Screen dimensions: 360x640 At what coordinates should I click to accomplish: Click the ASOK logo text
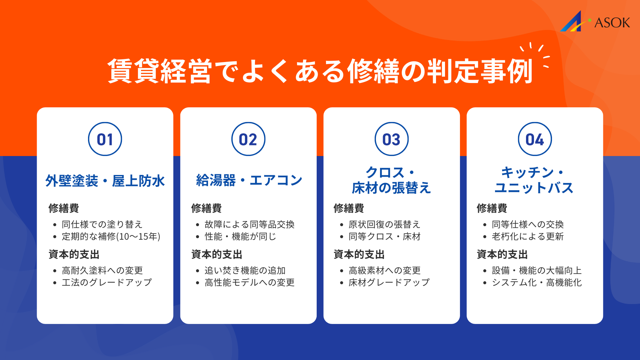pyautogui.click(x=612, y=23)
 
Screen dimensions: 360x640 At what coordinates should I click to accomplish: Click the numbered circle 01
pyautogui.click(x=105, y=139)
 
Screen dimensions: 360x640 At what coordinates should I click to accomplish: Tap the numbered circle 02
pyautogui.click(x=248, y=139)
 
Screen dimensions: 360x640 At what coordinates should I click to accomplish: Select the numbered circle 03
pyautogui.click(x=392, y=139)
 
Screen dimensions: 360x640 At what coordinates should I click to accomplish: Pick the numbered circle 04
pyautogui.click(x=535, y=139)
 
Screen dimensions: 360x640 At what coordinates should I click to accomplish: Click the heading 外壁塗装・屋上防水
pyautogui.click(x=105, y=181)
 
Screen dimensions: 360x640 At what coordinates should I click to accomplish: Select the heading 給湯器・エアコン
pyautogui.click(x=249, y=180)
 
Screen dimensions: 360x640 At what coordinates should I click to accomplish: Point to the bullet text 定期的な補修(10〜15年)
pyautogui.click(x=111, y=236)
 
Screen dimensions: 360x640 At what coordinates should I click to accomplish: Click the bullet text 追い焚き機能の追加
pyautogui.click(x=245, y=270)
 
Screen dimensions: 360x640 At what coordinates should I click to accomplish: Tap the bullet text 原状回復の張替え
pyautogui.click(x=384, y=224)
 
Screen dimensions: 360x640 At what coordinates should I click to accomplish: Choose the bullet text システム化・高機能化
pyautogui.click(x=537, y=282)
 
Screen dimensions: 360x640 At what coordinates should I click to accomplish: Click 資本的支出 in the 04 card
pyautogui.click(x=502, y=254)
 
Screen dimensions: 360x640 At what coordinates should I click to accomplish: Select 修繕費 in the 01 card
pyautogui.click(x=64, y=208)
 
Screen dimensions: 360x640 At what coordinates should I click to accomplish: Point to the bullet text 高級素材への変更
pyautogui.click(x=384, y=270)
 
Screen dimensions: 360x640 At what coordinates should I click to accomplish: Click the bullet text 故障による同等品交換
pyautogui.click(x=249, y=224)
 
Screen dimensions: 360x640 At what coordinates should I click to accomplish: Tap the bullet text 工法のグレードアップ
pyautogui.click(x=107, y=282)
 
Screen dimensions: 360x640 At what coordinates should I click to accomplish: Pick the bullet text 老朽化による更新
pyautogui.click(x=528, y=236)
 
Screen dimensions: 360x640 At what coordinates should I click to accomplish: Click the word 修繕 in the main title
pyautogui.click(x=373, y=71)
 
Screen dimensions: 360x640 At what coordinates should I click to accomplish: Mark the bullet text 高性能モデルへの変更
pyautogui.click(x=249, y=282)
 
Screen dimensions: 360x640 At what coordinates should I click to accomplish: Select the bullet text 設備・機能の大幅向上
pyautogui.click(x=537, y=270)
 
